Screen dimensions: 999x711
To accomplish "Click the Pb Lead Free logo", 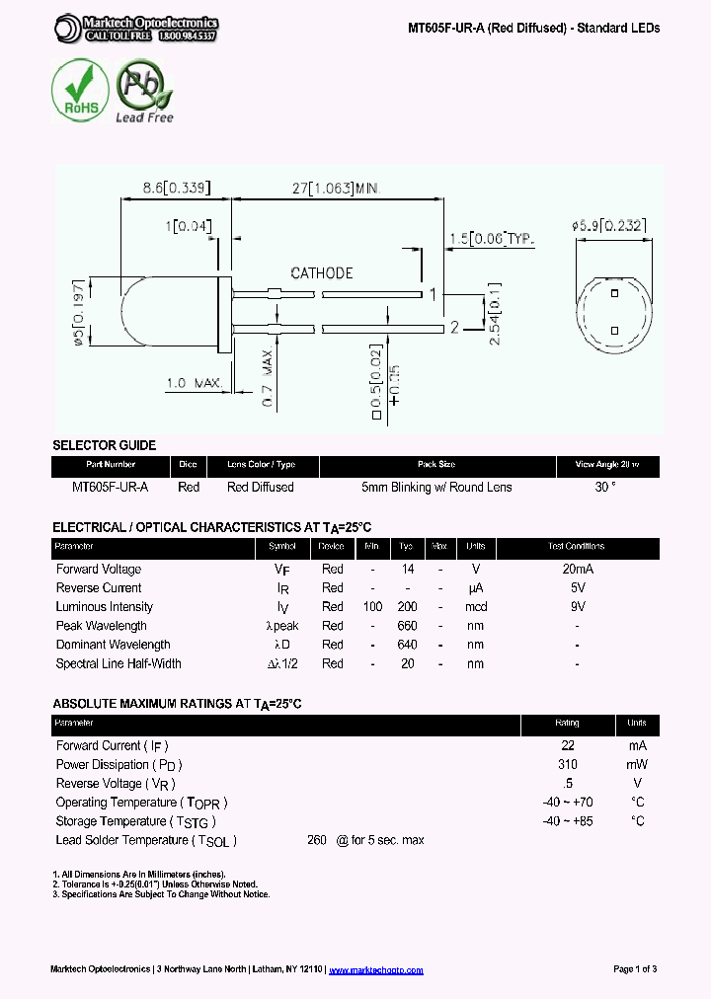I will click(x=144, y=92).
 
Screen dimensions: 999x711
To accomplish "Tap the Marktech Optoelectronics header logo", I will click(x=136, y=28).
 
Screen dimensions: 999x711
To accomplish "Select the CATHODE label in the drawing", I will click(x=322, y=273).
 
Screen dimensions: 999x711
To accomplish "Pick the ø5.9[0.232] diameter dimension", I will click(x=609, y=225).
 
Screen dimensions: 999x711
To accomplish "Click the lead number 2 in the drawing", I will click(x=454, y=327).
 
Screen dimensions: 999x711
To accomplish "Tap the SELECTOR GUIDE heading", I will click(x=104, y=445).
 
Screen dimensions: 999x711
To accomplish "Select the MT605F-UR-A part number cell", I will click(x=111, y=487).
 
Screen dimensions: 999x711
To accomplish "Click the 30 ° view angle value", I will click(x=605, y=487).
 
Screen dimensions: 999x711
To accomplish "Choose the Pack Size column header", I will click(x=436, y=464).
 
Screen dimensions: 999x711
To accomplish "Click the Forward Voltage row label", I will click(x=99, y=569).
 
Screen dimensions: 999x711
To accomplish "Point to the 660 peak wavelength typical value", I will click(x=406, y=626).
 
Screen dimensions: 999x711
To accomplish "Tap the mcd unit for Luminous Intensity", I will click(x=476, y=607).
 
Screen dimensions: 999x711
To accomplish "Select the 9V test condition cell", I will click(x=576, y=607).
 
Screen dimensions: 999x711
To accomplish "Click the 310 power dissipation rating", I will click(x=568, y=765).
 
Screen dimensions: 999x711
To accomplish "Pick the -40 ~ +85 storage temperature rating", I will click(x=568, y=821).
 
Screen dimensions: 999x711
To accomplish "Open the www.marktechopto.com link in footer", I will click(x=375, y=970).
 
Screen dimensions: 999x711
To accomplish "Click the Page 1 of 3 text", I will click(x=635, y=969).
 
